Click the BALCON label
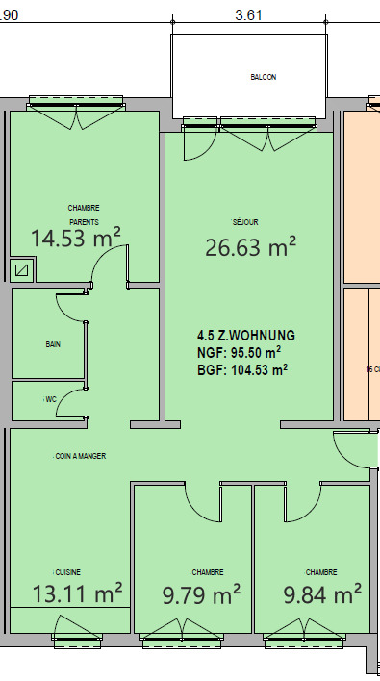(263, 78)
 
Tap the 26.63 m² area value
(249, 247)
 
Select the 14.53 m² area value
(75, 238)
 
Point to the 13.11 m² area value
(77, 593)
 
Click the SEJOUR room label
(246, 221)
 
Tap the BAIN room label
(52, 343)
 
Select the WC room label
(49, 398)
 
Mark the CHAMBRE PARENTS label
(84, 214)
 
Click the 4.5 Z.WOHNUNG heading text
(245, 336)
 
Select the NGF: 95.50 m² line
(239, 352)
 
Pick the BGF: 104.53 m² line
(241, 368)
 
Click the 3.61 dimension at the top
(249, 15)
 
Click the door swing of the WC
(70, 406)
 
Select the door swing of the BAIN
(71, 307)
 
